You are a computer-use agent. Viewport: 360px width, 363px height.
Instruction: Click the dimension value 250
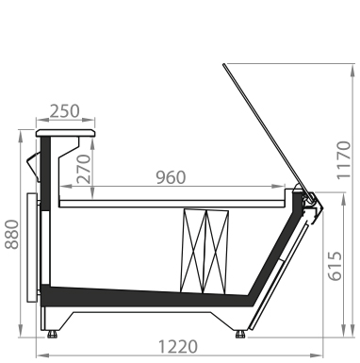click(65, 111)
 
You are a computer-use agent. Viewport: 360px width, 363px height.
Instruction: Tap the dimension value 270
click(84, 169)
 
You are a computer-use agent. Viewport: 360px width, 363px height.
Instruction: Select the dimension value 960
click(171, 177)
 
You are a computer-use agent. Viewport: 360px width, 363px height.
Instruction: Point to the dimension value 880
click(12, 235)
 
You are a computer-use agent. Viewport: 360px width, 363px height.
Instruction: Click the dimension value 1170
click(343, 160)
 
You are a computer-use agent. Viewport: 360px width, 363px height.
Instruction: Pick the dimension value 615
click(335, 266)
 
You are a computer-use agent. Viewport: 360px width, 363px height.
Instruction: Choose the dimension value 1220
click(178, 347)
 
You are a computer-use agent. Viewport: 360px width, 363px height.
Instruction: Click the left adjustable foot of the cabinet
click(52, 334)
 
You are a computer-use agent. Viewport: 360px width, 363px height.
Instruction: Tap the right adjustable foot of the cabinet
click(240, 334)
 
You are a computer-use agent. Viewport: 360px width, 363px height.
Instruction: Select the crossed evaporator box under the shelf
click(205, 252)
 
